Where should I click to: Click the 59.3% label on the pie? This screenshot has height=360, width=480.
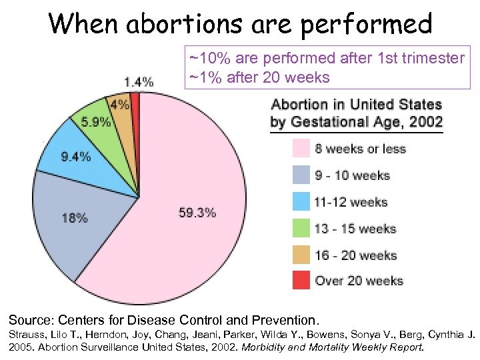(197, 213)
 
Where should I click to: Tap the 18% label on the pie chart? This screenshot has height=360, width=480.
(75, 217)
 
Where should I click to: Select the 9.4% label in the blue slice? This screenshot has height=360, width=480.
(75, 157)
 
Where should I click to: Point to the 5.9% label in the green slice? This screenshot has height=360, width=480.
(96, 122)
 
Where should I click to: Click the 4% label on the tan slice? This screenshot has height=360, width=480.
(120, 105)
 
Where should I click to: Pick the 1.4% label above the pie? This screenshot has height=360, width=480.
(139, 82)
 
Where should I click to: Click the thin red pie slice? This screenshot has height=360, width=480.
(135, 107)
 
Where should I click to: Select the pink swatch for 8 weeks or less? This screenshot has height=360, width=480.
(301, 148)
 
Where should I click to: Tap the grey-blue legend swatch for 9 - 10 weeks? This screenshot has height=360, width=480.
(301, 175)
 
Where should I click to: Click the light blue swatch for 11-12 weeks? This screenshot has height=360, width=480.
(301, 201)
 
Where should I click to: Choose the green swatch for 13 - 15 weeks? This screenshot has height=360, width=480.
(301, 228)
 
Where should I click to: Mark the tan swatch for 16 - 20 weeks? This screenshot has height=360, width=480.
(301, 255)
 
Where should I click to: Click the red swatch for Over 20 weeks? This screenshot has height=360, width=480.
(301, 281)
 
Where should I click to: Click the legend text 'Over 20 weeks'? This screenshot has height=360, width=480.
(359, 281)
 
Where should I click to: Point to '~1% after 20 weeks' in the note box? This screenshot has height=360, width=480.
(259, 77)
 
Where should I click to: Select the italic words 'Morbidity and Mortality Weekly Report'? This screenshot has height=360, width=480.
(331, 347)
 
